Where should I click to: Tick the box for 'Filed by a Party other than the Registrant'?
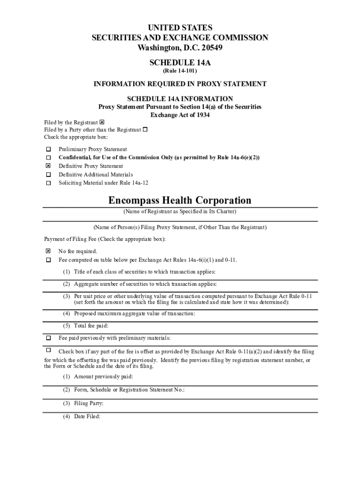(145, 130)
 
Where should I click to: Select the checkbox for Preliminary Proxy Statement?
(48, 149)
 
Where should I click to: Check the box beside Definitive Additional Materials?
(48, 174)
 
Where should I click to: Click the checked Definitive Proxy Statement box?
(48, 166)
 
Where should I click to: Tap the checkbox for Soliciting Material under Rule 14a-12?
(48, 183)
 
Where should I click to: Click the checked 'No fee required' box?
(48, 251)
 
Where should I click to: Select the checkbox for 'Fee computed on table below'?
(48, 260)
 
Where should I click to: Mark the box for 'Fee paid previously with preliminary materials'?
(48, 338)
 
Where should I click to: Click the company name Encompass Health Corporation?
(180, 201)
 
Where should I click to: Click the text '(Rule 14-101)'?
(180, 71)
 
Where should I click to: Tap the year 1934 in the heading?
(200, 115)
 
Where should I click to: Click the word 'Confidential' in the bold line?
(75, 158)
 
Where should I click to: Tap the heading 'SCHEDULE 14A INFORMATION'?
(180, 99)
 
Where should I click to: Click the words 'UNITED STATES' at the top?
(180, 28)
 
